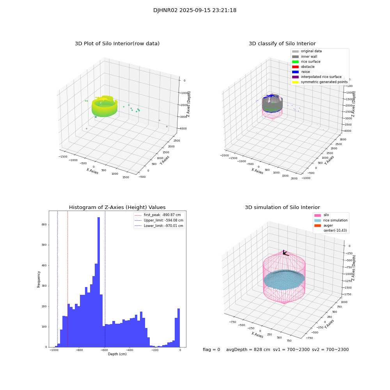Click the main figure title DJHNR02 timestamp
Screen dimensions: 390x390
click(x=195, y=11)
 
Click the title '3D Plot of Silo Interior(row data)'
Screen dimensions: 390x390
click(x=117, y=44)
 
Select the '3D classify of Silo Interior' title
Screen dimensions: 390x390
click(x=282, y=44)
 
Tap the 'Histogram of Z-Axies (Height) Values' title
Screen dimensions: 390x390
click(x=117, y=207)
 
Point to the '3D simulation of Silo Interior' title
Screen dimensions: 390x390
click(x=282, y=207)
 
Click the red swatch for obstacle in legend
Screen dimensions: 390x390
click(x=295, y=67)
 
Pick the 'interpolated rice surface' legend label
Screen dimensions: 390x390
click(x=321, y=77)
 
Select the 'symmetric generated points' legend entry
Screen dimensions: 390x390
click(x=324, y=82)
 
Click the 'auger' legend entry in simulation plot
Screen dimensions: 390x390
click(x=328, y=225)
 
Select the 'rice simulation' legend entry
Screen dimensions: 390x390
click(x=335, y=220)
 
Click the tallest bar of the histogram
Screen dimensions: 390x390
click(x=99, y=281)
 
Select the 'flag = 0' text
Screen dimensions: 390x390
click(x=211, y=350)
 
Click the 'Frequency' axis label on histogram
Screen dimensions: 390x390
click(x=39, y=279)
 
